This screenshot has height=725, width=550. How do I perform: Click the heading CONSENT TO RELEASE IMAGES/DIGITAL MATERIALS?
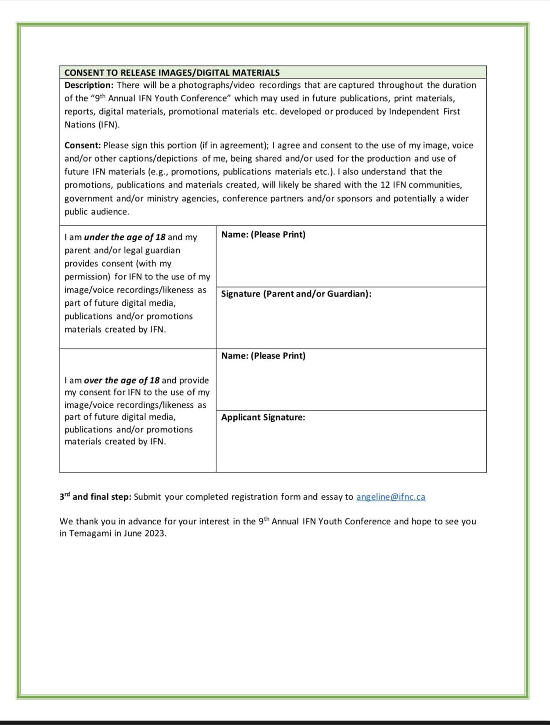tap(172, 72)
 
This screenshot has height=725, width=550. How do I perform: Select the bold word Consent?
tap(83, 145)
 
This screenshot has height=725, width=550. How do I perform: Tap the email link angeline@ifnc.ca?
tap(391, 497)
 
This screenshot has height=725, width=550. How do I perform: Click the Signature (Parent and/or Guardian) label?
tap(296, 294)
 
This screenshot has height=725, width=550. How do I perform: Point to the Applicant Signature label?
tap(263, 417)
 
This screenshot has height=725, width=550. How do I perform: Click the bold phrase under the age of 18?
tap(125, 237)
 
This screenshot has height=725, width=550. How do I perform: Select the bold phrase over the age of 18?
tap(122, 381)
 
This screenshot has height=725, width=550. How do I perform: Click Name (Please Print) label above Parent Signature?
tap(263, 235)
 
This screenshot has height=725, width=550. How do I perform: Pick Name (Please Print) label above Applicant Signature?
tap(263, 356)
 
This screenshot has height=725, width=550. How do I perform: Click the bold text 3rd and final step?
tap(95, 497)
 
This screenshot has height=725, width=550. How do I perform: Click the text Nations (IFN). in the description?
tap(92, 125)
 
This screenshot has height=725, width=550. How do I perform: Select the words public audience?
tap(97, 212)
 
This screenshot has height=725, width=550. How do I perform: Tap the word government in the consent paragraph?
tap(88, 199)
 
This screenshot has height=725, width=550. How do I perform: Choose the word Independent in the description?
tap(413, 112)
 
